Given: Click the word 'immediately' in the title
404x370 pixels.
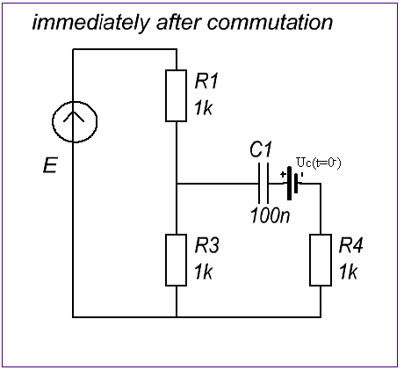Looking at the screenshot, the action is click(x=90, y=23).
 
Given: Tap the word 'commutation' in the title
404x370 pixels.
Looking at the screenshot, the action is click(x=270, y=22).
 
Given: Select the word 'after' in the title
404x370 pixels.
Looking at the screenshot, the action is click(x=178, y=22).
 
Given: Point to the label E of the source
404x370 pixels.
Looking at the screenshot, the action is click(x=50, y=165).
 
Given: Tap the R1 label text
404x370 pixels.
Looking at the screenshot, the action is click(x=206, y=81).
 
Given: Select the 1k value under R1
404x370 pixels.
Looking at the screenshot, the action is click(x=204, y=108).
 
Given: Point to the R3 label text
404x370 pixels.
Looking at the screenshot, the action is click(x=207, y=245).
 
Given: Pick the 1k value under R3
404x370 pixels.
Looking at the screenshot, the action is click(x=204, y=272).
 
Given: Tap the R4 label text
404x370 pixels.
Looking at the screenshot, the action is click(x=351, y=245).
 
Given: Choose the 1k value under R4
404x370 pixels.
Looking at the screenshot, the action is click(x=348, y=272).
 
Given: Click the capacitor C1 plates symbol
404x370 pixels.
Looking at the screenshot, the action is click(x=263, y=184).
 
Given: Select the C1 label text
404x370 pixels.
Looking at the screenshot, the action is click(x=261, y=149).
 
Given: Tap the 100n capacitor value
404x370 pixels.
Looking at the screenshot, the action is click(x=271, y=215).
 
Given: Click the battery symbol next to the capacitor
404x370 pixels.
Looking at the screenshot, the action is click(x=293, y=184).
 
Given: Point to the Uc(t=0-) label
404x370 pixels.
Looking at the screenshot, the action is click(x=319, y=163).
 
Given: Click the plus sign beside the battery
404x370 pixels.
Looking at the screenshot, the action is click(x=283, y=175).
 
